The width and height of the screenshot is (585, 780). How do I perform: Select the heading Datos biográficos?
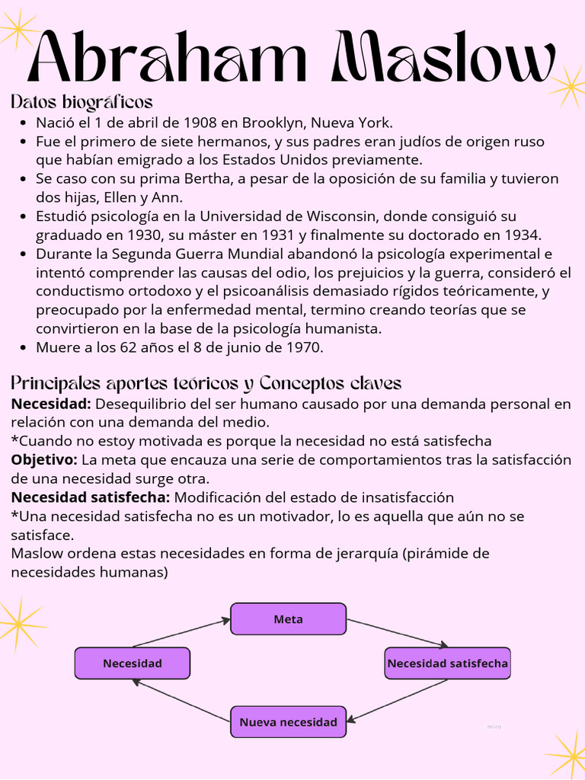point(82,102)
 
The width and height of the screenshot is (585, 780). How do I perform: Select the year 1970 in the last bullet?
point(302,347)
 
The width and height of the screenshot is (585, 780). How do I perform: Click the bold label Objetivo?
point(44,460)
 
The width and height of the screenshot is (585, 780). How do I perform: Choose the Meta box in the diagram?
point(288,619)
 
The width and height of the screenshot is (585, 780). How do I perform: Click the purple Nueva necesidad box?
point(288,721)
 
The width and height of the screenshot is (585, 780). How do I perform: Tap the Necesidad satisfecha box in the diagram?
point(447,663)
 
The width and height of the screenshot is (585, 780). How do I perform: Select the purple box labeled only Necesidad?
point(133,663)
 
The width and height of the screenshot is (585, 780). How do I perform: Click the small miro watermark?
point(494,727)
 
